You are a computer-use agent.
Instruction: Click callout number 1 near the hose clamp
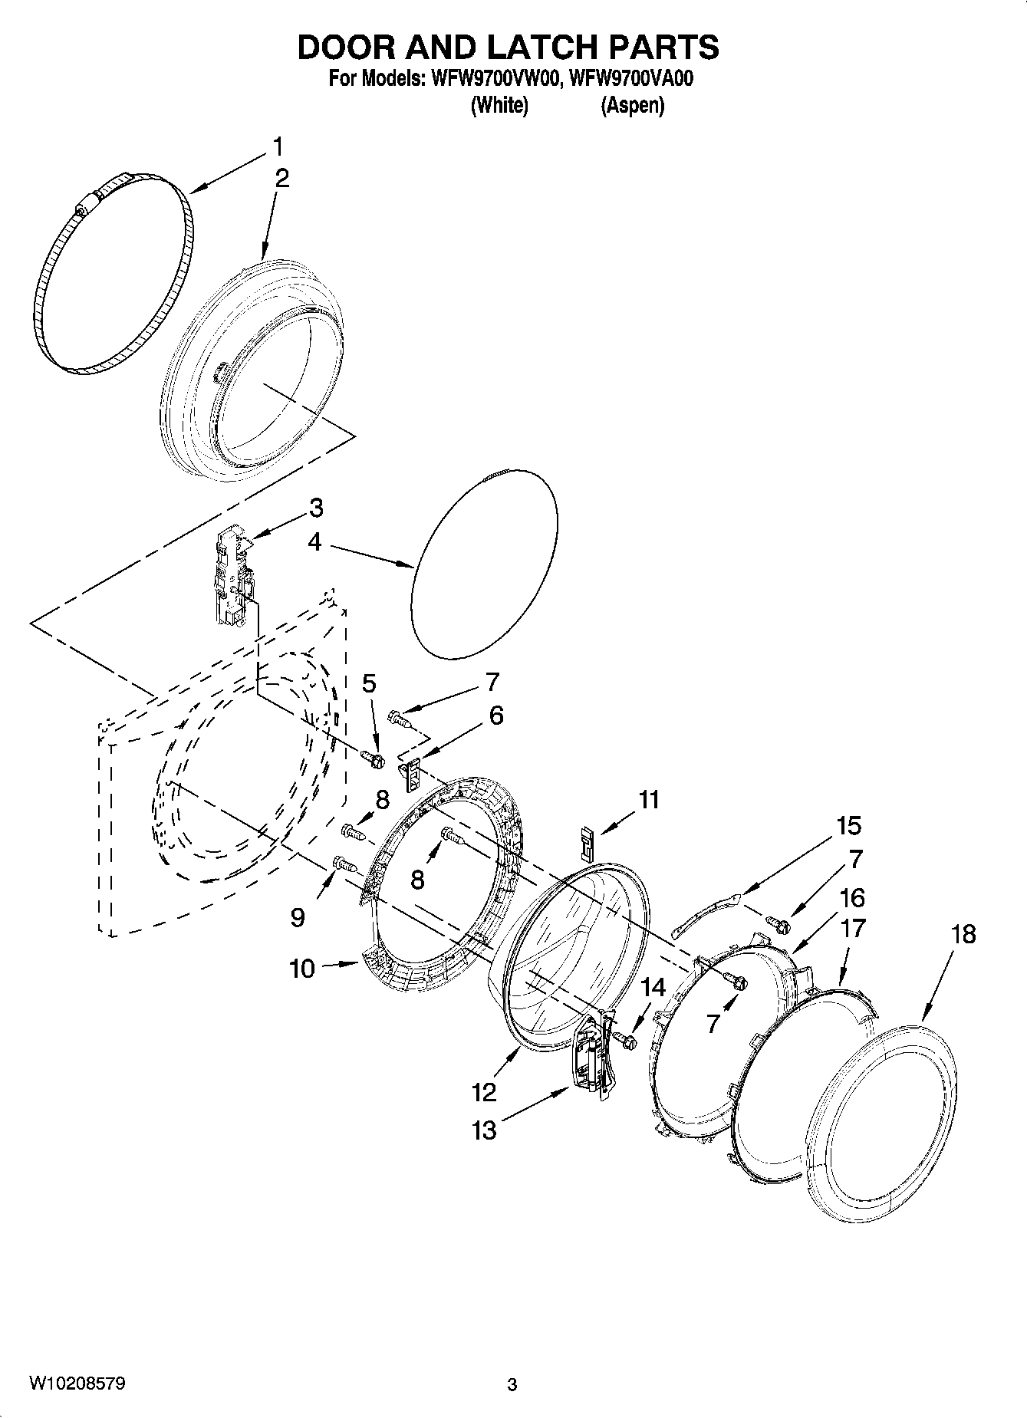277,146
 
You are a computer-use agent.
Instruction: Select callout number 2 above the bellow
281,179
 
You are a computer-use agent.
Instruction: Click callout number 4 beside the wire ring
314,542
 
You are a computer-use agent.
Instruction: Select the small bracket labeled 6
413,773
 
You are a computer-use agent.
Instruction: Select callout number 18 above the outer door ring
963,934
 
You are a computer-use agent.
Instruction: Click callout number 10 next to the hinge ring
302,969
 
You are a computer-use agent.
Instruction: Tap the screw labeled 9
345,864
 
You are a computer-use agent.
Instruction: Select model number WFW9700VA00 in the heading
632,79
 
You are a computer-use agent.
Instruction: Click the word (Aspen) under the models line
632,105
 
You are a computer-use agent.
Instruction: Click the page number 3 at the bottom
512,1384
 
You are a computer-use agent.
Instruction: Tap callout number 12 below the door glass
485,1091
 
